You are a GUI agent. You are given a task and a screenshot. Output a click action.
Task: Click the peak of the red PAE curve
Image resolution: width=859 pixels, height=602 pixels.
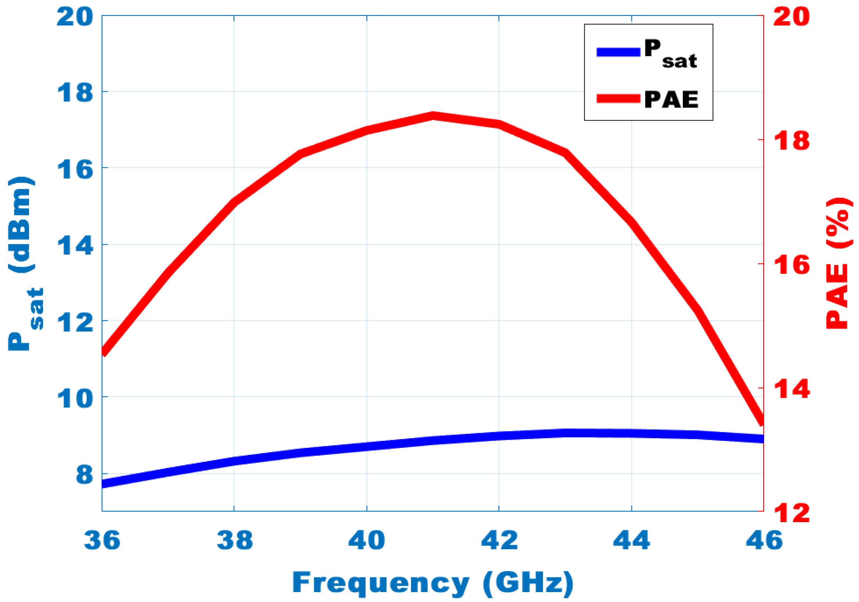pos(433,116)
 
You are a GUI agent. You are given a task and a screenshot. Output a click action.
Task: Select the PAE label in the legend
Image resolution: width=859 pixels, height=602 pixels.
pos(671,99)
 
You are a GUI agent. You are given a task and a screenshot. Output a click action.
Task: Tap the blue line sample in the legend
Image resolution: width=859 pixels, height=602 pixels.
pos(618,52)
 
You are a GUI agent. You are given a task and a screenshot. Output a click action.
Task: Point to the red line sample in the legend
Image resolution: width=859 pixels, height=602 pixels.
pos(618,98)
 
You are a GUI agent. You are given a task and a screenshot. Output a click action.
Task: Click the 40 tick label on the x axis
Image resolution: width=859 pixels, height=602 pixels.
pos(366,541)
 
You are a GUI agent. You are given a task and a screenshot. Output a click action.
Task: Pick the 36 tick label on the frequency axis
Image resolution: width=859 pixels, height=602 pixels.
pos(102,541)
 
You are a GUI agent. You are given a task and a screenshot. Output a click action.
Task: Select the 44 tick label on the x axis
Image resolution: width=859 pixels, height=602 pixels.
pos(632,541)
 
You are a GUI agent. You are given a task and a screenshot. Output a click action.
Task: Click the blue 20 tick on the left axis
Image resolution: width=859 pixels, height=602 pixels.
pos(75,17)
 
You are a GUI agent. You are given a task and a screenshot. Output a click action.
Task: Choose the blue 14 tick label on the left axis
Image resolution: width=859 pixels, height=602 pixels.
pos(75,245)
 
